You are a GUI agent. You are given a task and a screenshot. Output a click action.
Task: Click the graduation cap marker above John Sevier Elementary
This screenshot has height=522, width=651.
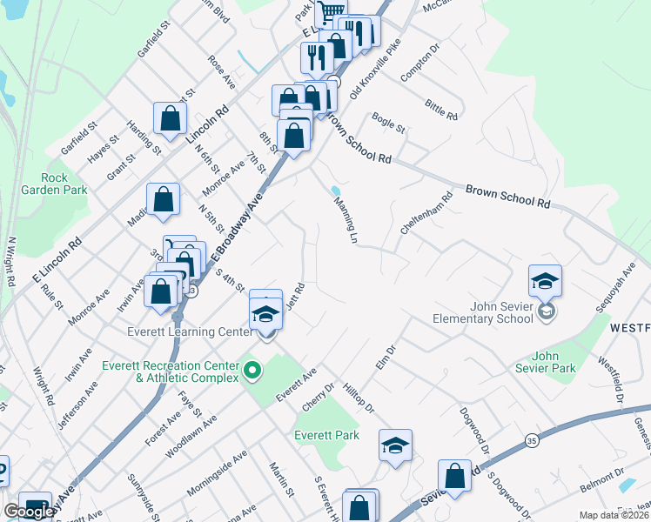tap(545, 281)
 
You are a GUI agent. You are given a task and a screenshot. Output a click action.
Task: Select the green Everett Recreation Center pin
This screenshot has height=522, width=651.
tap(252, 371)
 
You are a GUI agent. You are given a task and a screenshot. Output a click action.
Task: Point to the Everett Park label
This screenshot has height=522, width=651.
tap(326, 435)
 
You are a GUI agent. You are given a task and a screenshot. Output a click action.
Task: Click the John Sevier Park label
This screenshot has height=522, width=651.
tap(554, 362)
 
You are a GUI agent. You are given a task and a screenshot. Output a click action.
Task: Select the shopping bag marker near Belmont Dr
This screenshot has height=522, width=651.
tap(454, 476)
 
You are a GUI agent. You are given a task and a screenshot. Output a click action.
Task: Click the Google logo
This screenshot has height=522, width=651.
tap(29, 512)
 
